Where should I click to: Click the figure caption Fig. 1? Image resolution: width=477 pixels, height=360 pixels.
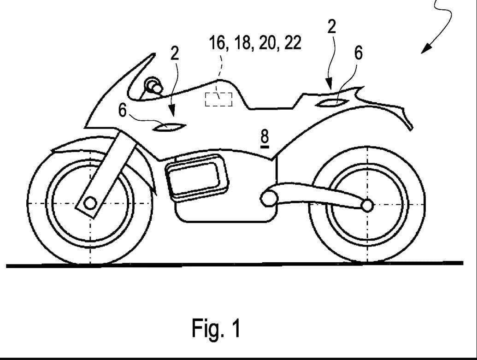click(x=216, y=328)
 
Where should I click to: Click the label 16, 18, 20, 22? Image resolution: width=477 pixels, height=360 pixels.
click(x=255, y=43)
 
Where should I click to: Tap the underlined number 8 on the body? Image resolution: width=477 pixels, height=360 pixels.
click(x=265, y=137)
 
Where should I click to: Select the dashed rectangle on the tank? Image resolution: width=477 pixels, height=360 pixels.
click(x=219, y=99)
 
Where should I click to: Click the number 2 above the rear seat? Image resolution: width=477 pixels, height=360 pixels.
click(x=331, y=27)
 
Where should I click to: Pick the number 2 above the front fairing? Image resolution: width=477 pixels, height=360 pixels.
click(x=174, y=53)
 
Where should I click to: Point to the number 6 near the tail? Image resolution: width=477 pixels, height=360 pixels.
click(x=358, y=53)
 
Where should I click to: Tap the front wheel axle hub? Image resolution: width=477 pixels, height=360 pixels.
click(x=90, y=202)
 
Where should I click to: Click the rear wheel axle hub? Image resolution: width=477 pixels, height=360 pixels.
click(x=367, y=205)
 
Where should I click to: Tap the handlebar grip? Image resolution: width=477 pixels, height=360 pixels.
click(x=154, y=86)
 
